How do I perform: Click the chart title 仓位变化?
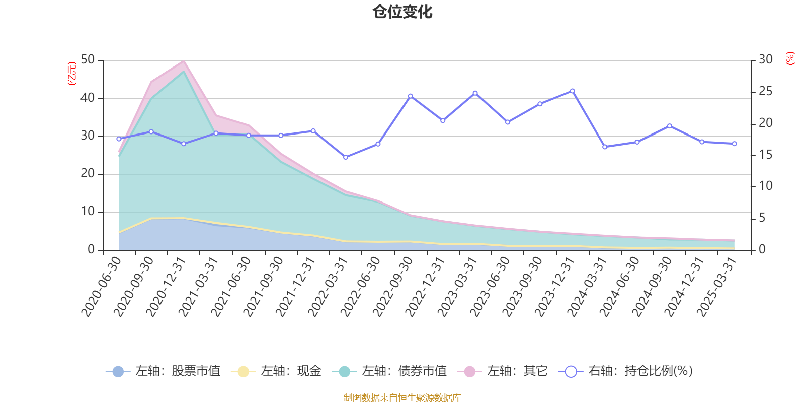point(403,12)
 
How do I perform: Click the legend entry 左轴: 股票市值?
point(164,372)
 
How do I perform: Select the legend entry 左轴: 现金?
point(276,372)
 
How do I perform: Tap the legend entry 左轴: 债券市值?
point(389,372)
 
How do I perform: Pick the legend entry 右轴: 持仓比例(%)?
point(626,372)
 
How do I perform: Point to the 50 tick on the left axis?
point(88,60)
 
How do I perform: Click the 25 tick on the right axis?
point(766,92)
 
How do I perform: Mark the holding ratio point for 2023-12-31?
point(573,91)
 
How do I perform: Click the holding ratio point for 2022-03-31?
point(346,157)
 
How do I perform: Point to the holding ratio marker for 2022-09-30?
point(411,96)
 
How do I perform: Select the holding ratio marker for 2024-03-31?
point(605,147)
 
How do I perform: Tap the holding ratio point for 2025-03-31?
point(734,144)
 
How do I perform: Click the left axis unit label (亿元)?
point(72,74)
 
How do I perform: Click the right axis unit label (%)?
point(790,58)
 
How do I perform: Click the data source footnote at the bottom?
point(403,398)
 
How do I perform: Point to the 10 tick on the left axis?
point(88,212)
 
